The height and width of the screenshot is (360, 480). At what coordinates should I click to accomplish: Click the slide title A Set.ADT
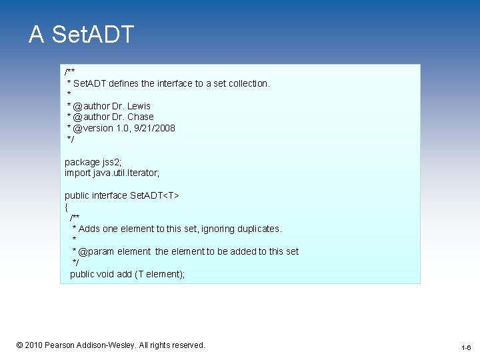(81, 35)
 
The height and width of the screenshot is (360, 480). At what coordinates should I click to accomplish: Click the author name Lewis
(139, 106)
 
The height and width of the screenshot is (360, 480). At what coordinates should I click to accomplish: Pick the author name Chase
(140, 117)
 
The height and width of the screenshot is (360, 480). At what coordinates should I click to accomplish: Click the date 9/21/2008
(155, 128)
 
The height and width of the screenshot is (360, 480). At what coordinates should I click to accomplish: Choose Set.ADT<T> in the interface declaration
(154, 195)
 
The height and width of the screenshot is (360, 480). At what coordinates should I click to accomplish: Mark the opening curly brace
(66, 207)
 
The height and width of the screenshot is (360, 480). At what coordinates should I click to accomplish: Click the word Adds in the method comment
(89, 229)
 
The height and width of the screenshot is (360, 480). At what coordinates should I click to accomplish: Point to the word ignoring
(213, 229)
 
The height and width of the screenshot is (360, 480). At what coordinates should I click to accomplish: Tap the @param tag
(95, 251)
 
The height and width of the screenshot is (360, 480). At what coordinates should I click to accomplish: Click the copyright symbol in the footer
(20, 345)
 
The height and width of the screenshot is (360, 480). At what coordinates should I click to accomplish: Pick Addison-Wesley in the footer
(112, 345)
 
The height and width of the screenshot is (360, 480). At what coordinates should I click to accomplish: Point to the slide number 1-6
(465, 348)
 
